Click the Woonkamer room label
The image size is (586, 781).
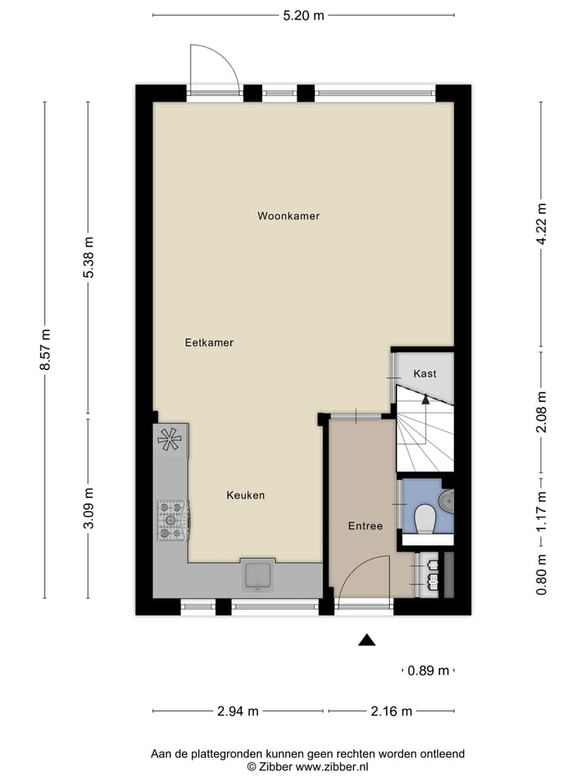click(x=288, y=216)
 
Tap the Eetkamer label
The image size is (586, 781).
click(x=209, y=343)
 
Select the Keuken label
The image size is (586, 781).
click(x=245, y=495)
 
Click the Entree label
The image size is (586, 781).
click(x=365, y=526)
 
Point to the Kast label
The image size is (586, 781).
click(x=424, y=374)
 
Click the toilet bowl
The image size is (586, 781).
click(x=424, y=517)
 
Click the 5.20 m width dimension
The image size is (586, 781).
click(x=304, y=15)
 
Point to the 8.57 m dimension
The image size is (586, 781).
click(x=46, y=350)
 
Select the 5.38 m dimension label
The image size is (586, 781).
click(x=89, y=257)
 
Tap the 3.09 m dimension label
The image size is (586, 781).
click(x=89, y=508)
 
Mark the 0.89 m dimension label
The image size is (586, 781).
click(x=429, y=671)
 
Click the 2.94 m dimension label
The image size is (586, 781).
click(x=238, y=711)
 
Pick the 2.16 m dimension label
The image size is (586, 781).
click(x=391, y=711)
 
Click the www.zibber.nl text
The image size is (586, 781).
click(x=332, y=766)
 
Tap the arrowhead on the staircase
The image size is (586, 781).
click(x=425, y=398)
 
